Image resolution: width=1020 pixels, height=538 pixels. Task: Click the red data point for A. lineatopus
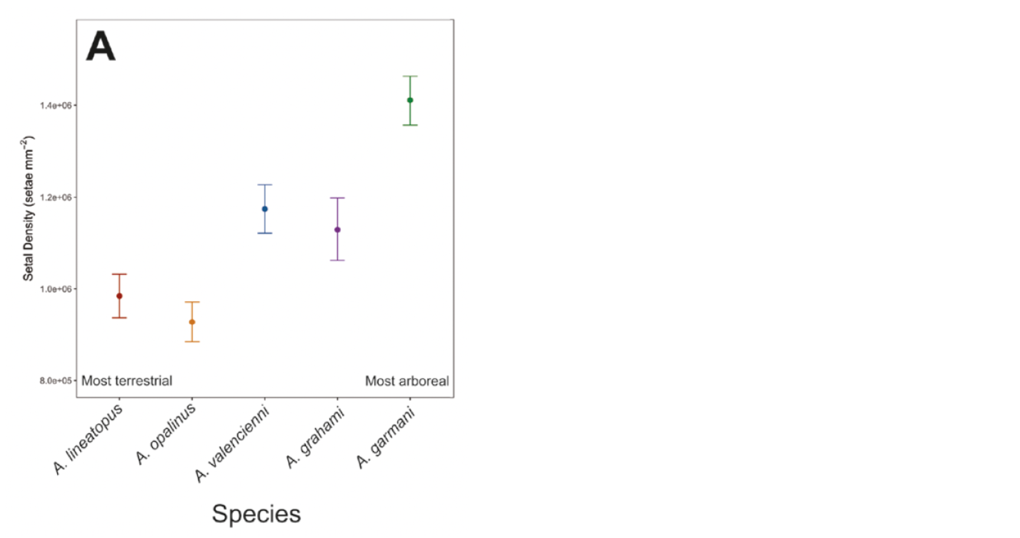coord(120,296)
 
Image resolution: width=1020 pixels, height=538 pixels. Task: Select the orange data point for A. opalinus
coord(192,322)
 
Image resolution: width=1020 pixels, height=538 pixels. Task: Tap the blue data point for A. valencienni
coord(264,209)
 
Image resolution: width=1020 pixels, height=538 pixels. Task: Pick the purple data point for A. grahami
coord(337,229)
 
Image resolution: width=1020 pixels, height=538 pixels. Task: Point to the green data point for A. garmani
coord(410,100)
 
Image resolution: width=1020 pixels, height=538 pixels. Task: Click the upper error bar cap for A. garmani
coord(410,77)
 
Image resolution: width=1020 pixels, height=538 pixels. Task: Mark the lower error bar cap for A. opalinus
coord(192,342)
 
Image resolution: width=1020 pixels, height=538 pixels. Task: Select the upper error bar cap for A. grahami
coord(337,198)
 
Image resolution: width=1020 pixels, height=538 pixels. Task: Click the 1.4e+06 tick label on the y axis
coord(56,106)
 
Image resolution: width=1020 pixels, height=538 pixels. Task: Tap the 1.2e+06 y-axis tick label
coord(56,197)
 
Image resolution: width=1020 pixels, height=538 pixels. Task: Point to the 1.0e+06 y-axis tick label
coord(56,289)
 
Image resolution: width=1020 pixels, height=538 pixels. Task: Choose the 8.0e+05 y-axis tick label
coord(56,381)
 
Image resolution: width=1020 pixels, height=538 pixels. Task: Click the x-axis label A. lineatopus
coord(88,439)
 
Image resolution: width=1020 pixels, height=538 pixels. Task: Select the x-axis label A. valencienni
coord(232,444)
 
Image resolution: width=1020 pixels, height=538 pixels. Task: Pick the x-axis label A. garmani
coord(386,438)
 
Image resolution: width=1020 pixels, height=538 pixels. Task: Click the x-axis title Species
coord(256,514)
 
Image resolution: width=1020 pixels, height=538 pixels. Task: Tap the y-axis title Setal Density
coord(28,208)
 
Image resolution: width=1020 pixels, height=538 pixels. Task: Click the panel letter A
coord(100,46)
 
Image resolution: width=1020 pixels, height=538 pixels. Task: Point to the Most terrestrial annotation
coord(127,381)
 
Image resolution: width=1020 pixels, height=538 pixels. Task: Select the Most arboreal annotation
coord(407,381)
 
